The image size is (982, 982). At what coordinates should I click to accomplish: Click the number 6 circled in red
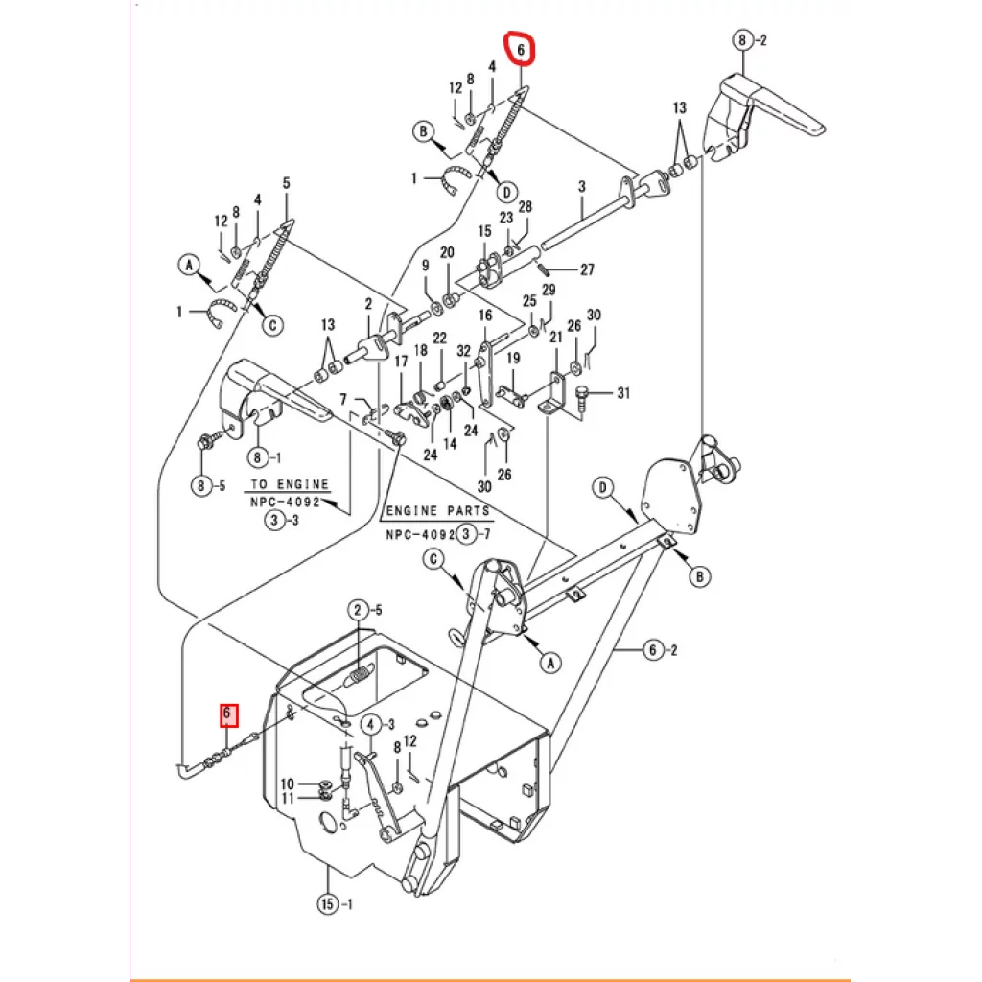(520, 49)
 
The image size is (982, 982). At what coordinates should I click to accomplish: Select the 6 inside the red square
(228, 713)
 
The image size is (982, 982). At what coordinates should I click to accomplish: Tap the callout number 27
(587, 269)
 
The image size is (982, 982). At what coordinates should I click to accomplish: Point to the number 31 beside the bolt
(623, 393)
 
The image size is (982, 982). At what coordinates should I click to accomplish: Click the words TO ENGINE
(290, 484)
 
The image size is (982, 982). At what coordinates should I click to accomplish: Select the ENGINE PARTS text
(437, 511)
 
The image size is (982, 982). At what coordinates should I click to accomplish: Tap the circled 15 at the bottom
(328, 903)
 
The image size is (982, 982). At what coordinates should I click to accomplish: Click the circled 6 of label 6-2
(653, 650)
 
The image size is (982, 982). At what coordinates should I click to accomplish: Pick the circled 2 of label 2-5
(358, 610)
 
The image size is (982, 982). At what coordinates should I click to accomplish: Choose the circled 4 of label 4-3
(371, 725)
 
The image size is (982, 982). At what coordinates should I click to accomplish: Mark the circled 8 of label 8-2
(742, 40)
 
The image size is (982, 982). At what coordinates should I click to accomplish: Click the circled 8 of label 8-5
(201, 485)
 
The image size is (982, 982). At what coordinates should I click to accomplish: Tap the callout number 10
(288, 783)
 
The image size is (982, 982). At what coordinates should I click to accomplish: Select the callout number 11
(288, 798)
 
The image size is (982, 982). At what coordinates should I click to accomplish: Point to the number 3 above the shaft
(582, 186)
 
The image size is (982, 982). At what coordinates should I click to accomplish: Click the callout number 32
(463, 351)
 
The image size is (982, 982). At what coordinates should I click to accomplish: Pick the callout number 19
(513, 359)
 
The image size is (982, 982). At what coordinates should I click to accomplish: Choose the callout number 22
(439, 339)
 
